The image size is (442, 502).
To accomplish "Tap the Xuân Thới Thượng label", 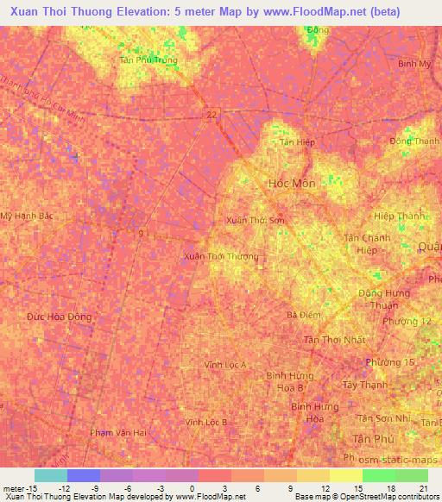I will (221, 256).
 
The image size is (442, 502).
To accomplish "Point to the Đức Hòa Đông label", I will (59, 317).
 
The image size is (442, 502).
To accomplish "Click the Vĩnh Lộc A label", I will (225, 365).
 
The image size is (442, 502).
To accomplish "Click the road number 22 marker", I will (212, 113).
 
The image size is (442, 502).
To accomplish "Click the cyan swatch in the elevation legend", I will (51, 475).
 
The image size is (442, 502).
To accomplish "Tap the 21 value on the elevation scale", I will (422, 488).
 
